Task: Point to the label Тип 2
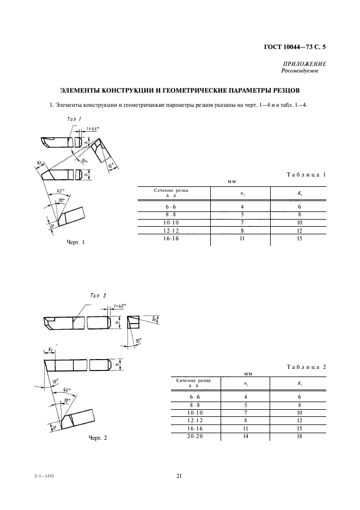98,295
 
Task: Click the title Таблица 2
306,367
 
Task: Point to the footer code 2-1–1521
42,476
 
